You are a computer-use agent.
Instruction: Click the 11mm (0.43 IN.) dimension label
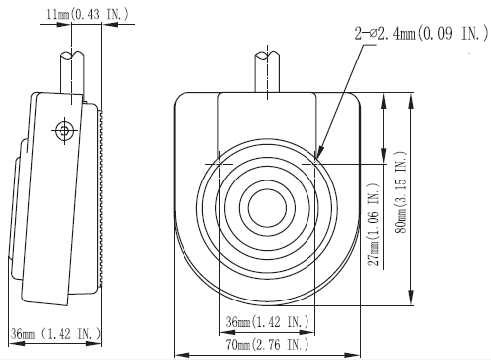coord(86,14)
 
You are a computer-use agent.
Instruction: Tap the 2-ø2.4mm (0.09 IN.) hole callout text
coord(422,34)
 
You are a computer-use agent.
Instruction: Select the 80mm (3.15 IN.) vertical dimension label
coord(401,192)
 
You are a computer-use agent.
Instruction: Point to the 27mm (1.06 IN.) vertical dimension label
coord(374,224)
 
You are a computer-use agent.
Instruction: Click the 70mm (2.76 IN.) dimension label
coord(267,345)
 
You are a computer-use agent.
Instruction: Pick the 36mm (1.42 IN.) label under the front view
coord(267,322)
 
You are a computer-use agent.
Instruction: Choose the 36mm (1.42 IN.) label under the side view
coord(56,334)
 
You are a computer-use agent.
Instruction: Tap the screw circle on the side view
coord(64,131)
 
